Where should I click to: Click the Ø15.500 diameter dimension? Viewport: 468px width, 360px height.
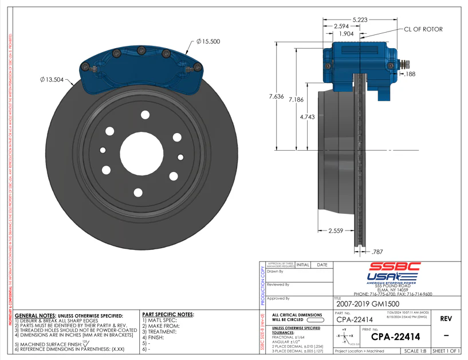[x=208, y=42]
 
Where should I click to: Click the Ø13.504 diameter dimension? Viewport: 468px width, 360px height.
[x=52, y=80]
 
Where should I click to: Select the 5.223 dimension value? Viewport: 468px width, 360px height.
[x=360, y=19]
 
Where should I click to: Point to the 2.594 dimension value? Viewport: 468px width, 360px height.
[x=342, y=26]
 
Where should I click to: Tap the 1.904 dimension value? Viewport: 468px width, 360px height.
[x=346, y=34]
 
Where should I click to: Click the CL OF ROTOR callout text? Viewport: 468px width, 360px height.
[x=423, y=29]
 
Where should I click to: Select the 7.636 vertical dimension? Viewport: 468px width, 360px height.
[x=276, y=96]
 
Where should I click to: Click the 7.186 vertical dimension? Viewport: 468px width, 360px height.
[x=296, y=100]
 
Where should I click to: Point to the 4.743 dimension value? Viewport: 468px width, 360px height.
[x=307, y=117]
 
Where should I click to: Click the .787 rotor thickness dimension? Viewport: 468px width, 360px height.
[x=377, y=252]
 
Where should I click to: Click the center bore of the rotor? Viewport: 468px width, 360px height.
[x=141, y=154]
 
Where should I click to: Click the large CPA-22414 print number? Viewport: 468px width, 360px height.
[x=395, y=336]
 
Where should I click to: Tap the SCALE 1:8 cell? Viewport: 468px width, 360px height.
[x=416, y=351]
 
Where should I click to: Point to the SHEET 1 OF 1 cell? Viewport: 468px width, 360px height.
[x=446, y=351]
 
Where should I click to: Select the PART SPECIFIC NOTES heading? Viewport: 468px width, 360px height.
[x=168, y=315]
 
